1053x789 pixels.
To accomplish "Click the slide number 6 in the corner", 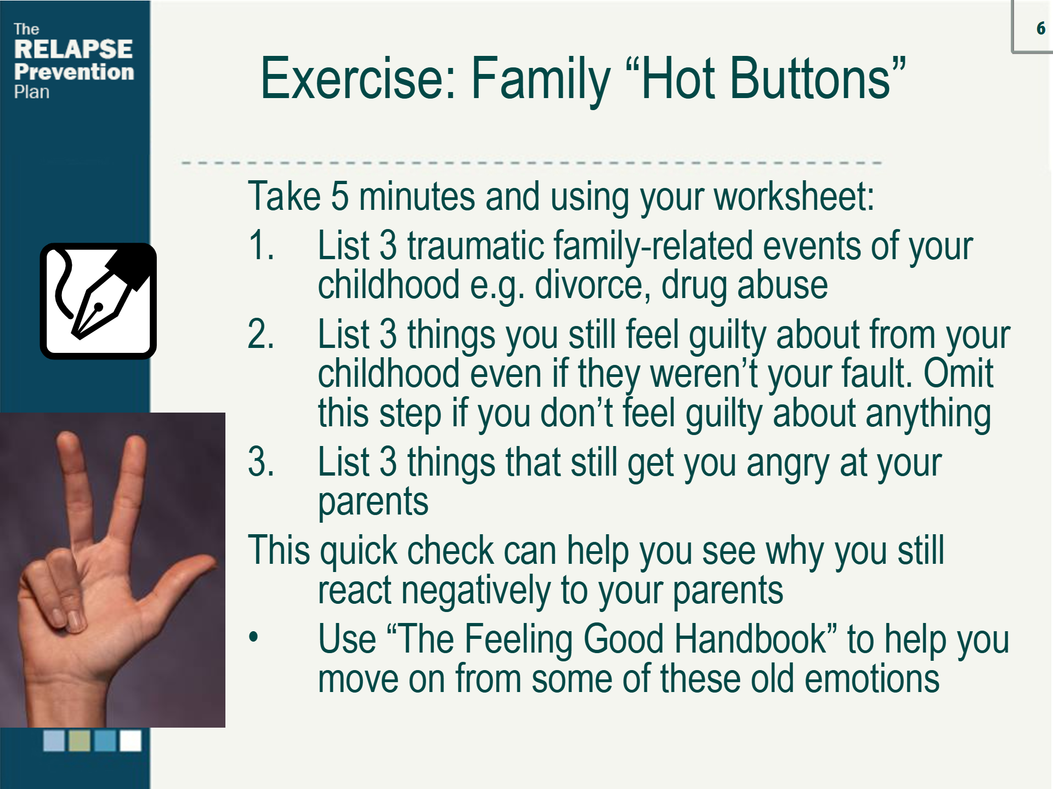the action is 1040,28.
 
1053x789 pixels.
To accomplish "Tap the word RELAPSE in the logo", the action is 73,49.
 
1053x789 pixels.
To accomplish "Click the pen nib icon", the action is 98,301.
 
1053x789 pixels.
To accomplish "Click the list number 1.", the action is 261,245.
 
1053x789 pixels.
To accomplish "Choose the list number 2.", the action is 261,334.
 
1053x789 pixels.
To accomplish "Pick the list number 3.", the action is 261,461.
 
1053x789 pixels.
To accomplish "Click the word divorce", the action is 589,285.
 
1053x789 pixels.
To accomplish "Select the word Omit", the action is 958,374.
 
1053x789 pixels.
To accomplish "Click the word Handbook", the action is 750,639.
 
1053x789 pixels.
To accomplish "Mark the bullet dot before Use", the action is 253,637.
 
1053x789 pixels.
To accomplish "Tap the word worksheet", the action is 794,196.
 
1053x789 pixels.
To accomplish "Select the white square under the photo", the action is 131,741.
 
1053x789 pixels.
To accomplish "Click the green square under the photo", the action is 79,741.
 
